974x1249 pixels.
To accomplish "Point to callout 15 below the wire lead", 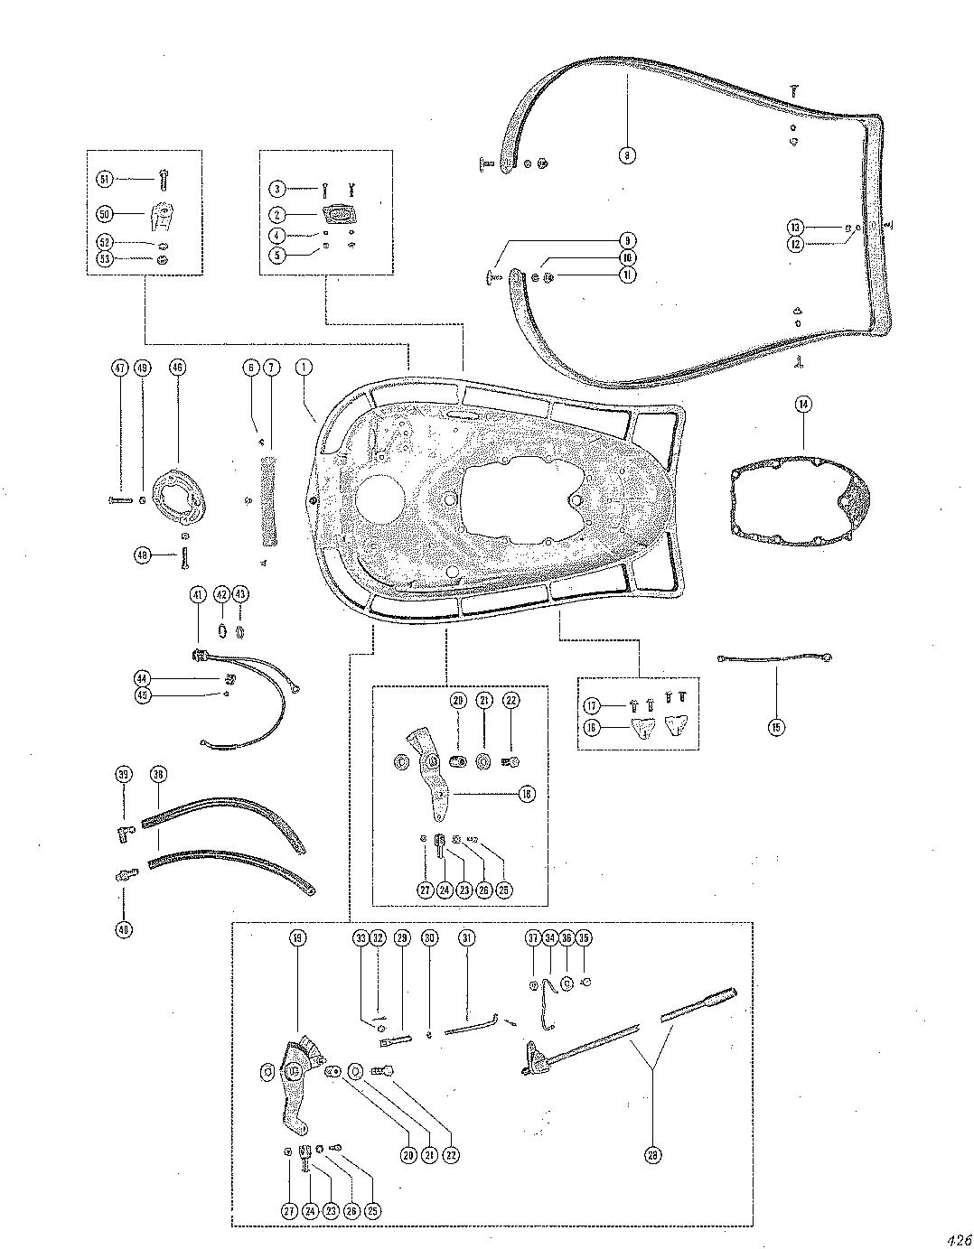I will click(778, 725).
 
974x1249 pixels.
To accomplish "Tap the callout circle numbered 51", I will click(106, 180).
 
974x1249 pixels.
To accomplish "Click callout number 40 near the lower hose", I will click(124, 928).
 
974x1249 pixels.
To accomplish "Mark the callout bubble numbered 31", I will click(466, 938).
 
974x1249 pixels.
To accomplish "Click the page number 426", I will click(959, 1239).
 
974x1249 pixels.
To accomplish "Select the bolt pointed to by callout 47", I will click(122, 499).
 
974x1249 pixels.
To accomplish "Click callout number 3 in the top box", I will click(278, 188).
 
